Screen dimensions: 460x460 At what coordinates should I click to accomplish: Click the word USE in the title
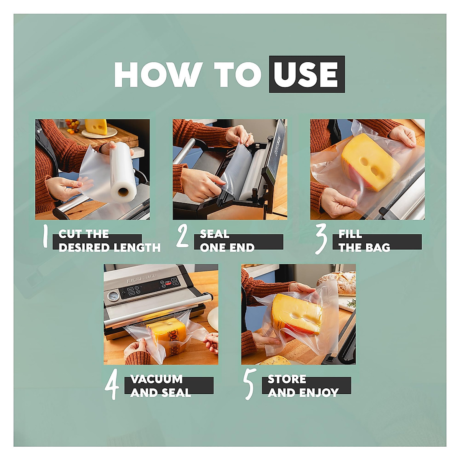coord(306,74)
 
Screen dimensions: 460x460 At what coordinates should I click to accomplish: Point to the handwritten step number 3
coord(321,238)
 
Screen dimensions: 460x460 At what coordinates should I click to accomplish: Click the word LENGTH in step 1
coord(137,247)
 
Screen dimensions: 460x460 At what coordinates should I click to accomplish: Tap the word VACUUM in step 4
coord(156,379)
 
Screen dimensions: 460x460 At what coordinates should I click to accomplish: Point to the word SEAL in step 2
coord(214,234)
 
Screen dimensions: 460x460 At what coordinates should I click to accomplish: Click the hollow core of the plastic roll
coord(123,192)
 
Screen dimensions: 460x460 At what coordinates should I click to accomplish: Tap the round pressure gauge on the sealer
coord(112,296)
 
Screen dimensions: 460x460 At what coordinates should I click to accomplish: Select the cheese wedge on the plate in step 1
coord(96,127)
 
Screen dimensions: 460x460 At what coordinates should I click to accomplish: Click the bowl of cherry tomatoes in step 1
coord(72,126)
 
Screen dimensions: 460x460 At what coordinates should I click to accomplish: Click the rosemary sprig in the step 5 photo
coord(352,304)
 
